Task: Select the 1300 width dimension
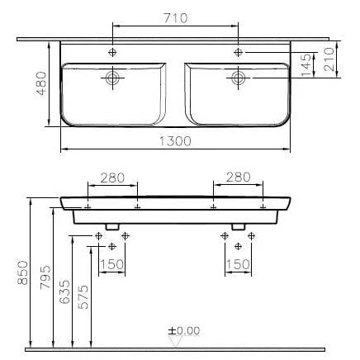176,142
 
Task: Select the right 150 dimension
239,265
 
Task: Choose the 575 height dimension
83,296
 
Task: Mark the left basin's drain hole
112,78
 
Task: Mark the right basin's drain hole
239,78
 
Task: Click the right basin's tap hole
239,53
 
